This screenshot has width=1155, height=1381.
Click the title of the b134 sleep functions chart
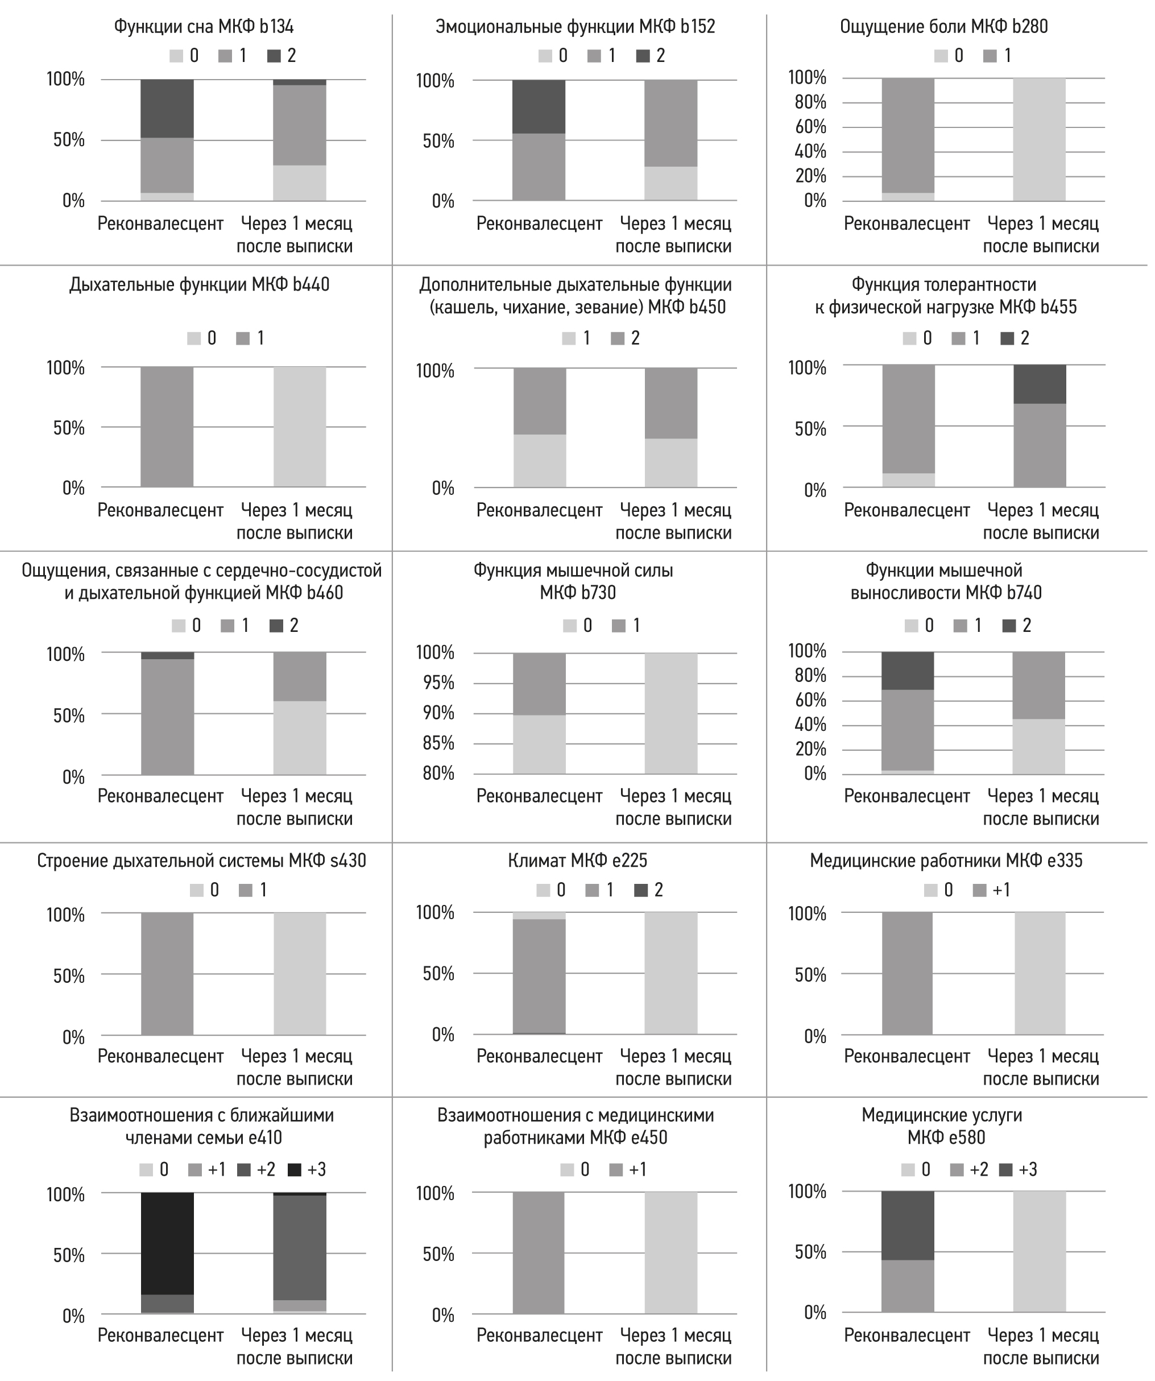coord(204,26)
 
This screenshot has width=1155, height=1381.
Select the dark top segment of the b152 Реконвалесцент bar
coord(539,106)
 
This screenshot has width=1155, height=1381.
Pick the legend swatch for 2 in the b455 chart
coord(1007,338)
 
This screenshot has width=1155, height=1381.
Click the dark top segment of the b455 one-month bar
coord(1040,384)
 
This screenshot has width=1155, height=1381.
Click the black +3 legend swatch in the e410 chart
coord(295,1170)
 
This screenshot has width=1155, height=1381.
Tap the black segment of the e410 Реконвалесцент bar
coord(167,1243)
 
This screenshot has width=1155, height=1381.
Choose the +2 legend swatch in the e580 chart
coord(957,1170)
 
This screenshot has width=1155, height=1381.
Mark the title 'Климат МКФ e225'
coord(577,861)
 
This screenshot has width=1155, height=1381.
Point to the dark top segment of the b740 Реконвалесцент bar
coord(907,671)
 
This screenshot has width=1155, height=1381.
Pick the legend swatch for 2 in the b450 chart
coord(617,338)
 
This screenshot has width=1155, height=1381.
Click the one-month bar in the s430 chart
coord(300,974)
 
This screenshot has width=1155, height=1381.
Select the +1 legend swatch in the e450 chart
coord(616,1170)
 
